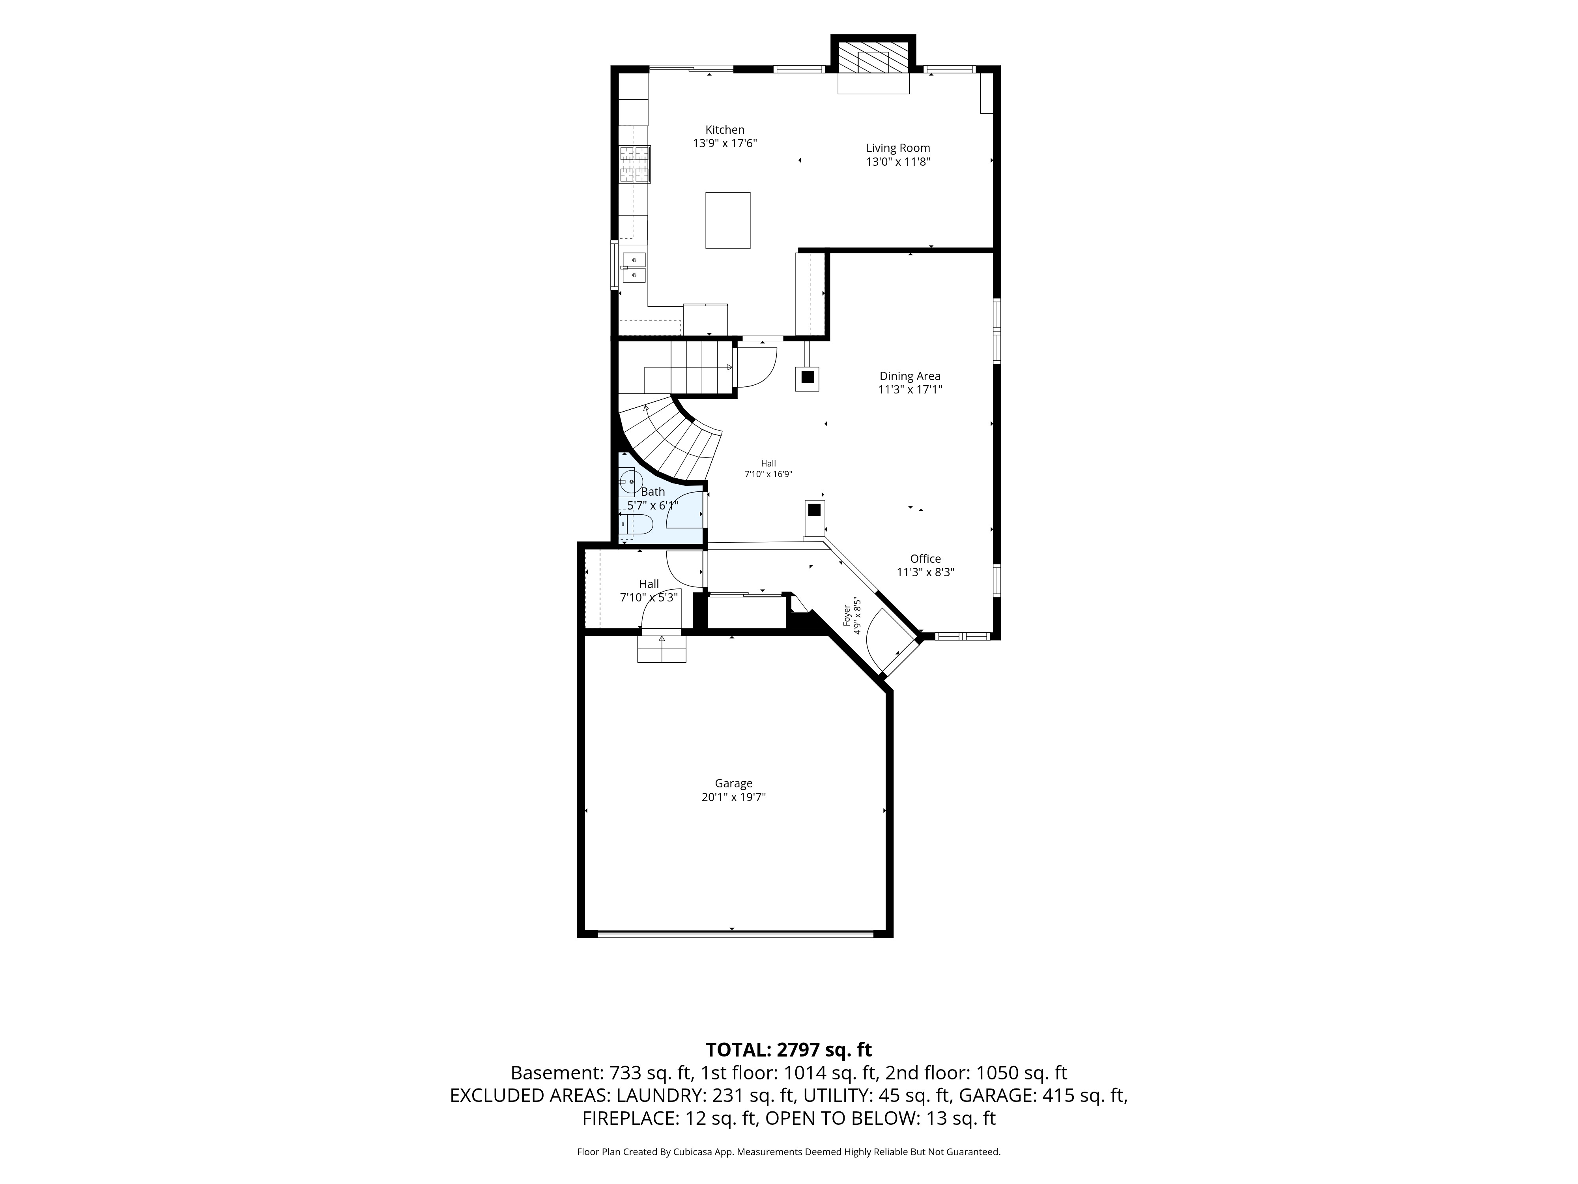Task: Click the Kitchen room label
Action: click(x=725, y=130)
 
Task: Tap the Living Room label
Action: click(x=898, y=148)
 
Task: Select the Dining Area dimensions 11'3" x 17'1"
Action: click(x=910, y=390)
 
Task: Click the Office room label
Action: click(x=925, y=559)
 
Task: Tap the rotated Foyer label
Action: click(x=847, y=616)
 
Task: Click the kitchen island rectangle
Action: click(x=727, y=221)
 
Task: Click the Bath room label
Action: click(x=653, y=492)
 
